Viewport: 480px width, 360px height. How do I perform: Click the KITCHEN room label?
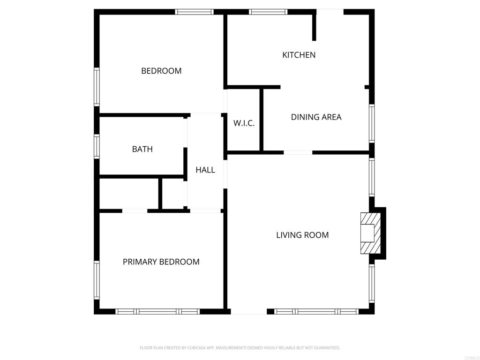[299, 55]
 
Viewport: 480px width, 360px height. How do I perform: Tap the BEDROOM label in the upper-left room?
[161, 71]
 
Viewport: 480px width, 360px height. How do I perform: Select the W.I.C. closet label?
[244, 123]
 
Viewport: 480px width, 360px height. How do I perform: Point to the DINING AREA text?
[316, 117]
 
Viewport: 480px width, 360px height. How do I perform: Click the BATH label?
[142, 149]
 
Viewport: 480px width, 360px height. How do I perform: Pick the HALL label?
[205, 170]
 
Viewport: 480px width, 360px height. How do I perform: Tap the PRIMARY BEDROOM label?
[161, 262]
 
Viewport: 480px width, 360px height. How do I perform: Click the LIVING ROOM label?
[302, 235]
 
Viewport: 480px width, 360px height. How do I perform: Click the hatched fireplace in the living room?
[371, 233]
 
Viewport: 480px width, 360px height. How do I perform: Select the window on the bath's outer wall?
[97, 146]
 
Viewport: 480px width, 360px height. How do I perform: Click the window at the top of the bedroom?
[195, 12]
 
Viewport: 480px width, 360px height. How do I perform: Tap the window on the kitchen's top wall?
[269, 12]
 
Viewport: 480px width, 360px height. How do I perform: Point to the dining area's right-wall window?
[372, 123]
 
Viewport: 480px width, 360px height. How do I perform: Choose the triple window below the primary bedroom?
[157, 312]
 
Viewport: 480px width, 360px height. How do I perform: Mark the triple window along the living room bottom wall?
[316, 312]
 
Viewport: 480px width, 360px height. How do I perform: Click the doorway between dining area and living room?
[298, 152]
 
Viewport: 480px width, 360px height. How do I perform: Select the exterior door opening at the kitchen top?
[330, 12]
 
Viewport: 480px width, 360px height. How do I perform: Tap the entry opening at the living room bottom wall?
[248, 312]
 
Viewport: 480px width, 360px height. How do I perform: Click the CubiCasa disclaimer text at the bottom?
[240, 348]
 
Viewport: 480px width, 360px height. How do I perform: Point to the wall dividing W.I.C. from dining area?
[262, 120]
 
